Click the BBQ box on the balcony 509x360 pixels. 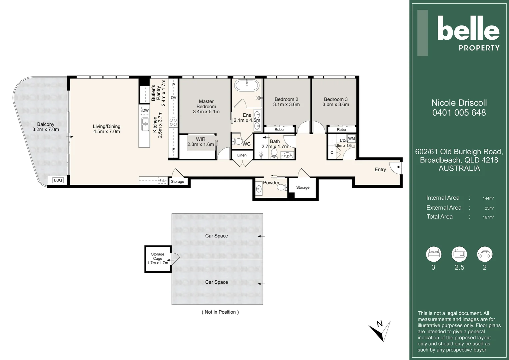click(x=58, y=180)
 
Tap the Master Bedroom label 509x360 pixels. click(x=206, y=104)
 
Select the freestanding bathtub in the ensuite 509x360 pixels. click(x=247, y=85)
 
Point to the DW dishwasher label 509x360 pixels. click(x=146, y=111)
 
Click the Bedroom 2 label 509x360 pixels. click(x=286, y=99)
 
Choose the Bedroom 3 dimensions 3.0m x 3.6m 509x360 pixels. click(x=336, y=105)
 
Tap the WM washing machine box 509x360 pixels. click(x=351, y=138)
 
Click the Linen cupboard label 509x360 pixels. click(x=242, y=155)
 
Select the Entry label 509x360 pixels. click(x=380, y=169)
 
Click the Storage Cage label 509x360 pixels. click(x=158, y=256)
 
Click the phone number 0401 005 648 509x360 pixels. click(x=459, y=113)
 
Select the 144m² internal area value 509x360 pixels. click(x=488, y=198)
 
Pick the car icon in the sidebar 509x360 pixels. click(x=485, y=254)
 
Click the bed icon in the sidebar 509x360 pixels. click(x=434, y=254)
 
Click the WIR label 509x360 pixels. click(x=201, y=139)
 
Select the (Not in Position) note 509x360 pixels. click(x=220, y=312)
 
